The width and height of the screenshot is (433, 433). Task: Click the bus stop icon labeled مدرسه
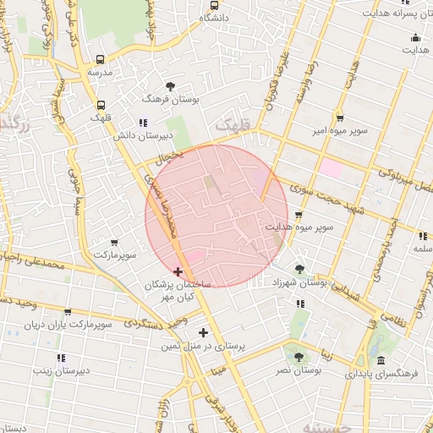[x=101, y=59]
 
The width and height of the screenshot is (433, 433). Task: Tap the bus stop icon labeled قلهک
[x=101, y=106]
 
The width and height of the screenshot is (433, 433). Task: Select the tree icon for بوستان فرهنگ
[x=172, y=85]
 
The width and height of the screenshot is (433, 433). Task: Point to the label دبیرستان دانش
[x=167, y=135]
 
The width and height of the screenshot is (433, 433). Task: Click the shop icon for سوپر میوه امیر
[x=339, y=118]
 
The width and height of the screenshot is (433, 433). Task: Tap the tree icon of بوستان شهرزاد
[x=301, y=269]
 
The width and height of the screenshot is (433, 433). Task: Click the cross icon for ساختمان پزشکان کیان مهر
[x=178, y=271]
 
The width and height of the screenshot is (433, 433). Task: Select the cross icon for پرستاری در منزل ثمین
[x=203, y=332]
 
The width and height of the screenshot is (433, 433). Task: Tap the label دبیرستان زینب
[x=61, y=370]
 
